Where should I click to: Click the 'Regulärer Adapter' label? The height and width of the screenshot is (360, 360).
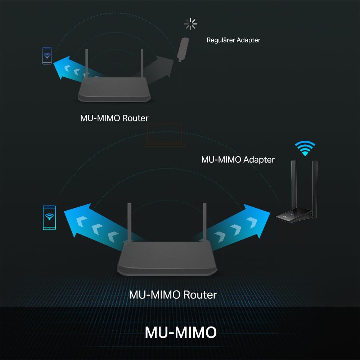[233, 40]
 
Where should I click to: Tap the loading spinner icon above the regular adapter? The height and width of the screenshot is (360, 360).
[190, 24]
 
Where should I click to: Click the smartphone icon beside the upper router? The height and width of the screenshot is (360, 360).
[47, 56]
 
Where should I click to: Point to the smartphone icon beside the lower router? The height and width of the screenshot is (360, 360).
[49, 217]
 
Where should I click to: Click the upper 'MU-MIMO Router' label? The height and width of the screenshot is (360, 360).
[114, 118]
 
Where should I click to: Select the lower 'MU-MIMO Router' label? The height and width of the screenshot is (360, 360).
[173, 295]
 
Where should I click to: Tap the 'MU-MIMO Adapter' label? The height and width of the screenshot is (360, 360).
[238, 159]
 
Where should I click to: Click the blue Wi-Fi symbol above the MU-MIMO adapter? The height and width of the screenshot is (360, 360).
[305, 148]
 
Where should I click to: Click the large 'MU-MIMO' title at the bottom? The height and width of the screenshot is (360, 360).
[181, 333]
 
